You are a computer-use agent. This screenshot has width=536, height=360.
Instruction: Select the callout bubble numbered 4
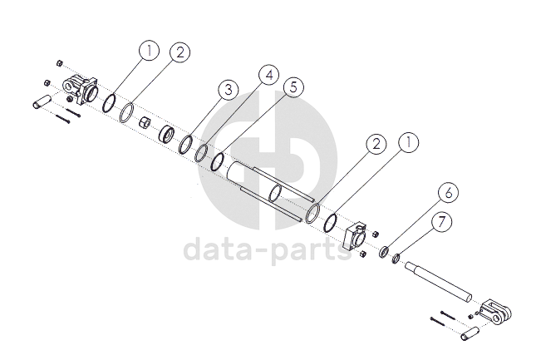click(267, 75)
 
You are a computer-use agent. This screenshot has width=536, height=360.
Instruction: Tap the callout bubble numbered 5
click(291, 86)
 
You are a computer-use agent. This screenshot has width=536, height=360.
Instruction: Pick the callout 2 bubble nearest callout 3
click(180, 52)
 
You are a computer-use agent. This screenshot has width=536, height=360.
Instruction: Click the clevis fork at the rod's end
click(497, 310)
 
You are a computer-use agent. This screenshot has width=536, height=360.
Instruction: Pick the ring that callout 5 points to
click(217, 160)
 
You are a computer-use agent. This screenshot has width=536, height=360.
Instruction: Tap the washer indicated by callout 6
click(386, 252)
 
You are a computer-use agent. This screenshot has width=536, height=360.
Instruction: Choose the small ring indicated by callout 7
click(397, 259)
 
